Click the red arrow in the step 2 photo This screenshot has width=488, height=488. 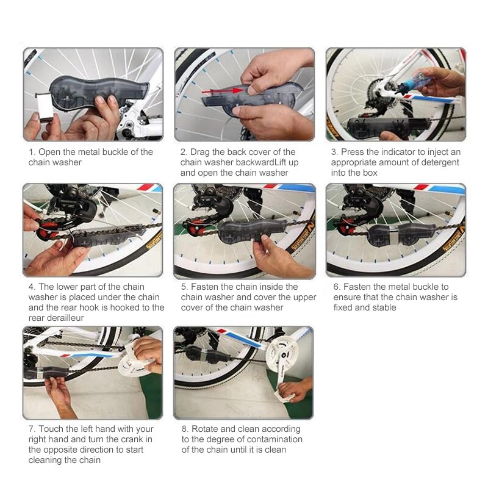[222, 91]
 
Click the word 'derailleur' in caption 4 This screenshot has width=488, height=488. [56, 318]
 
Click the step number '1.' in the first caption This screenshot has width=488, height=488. [32, 152]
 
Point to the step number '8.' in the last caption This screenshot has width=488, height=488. [185, 429]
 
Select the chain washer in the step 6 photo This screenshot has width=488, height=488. [392, 234]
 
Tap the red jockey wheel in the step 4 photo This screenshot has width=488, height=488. [48, 230]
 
